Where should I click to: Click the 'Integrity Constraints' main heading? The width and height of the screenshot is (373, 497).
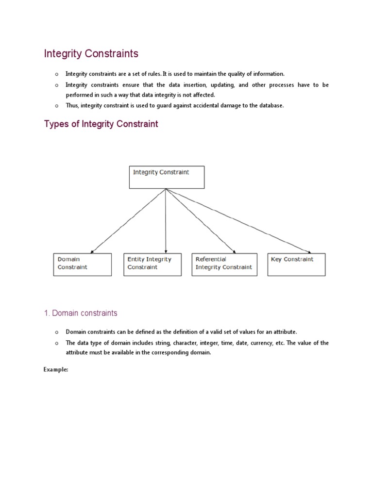coord(91,53)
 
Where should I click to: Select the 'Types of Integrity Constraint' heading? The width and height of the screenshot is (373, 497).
coord(101,124)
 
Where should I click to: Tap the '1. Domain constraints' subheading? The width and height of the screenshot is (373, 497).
coord(81,313)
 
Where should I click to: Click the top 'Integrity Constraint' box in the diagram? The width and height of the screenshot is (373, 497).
coord(167,177)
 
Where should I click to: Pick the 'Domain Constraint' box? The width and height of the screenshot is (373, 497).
coord(82,265)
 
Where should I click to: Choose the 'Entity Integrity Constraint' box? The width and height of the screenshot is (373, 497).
coord(152,265)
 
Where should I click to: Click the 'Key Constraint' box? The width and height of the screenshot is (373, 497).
coord(296,265)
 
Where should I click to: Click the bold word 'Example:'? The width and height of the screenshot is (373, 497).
coord(56,369)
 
